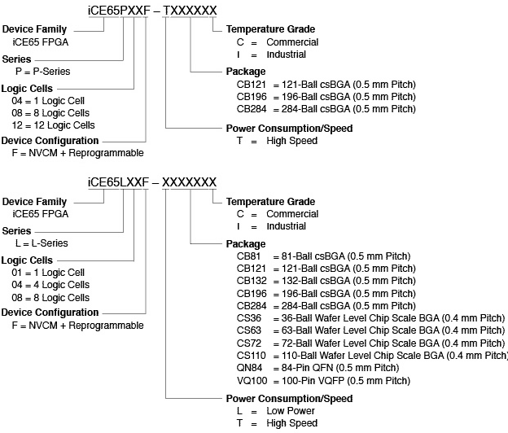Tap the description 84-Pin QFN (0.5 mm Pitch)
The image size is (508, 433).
[x=339, y=368]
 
